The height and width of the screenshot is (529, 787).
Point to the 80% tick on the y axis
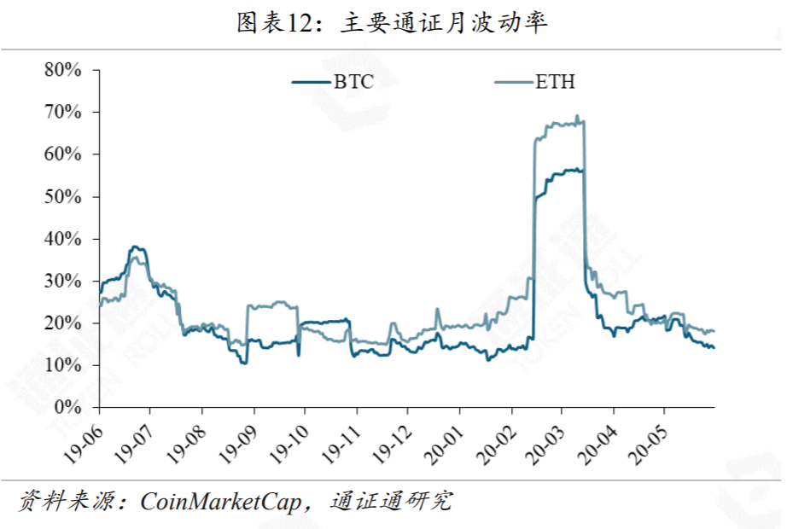tap(63, 70)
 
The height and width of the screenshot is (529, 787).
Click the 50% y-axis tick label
tap(63, 196)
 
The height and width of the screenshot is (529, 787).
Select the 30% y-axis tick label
tap(63, 281)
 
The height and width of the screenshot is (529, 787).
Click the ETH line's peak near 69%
tap(577, 116)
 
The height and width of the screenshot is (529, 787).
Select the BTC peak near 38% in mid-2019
tap(135, 247)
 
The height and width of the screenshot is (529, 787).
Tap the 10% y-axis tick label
tap(63, 365)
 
